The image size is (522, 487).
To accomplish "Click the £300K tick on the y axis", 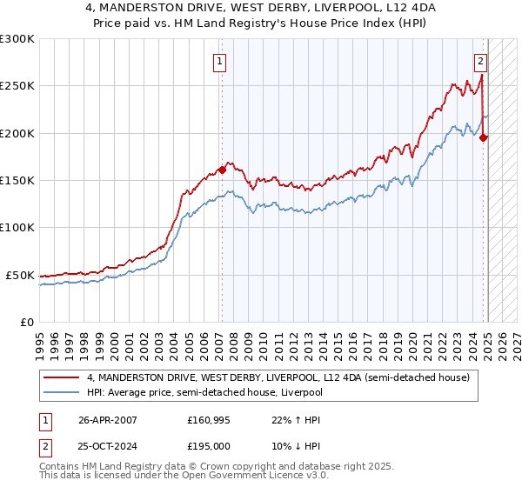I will (x=17, y=39).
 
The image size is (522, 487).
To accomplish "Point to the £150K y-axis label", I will (x=17, y=181).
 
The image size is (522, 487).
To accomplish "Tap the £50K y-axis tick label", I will (x=19, y=275).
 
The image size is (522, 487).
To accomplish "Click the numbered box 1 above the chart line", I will (x=221, y=62).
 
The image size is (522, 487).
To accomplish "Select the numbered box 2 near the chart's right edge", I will (x=480, y=62).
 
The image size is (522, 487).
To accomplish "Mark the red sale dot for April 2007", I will (x=222, y=170).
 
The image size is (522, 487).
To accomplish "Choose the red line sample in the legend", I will (x=62, y=377).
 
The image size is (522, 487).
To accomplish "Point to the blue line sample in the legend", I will (x=62, y=392).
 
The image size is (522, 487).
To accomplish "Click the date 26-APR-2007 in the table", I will (x=108, y=419).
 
